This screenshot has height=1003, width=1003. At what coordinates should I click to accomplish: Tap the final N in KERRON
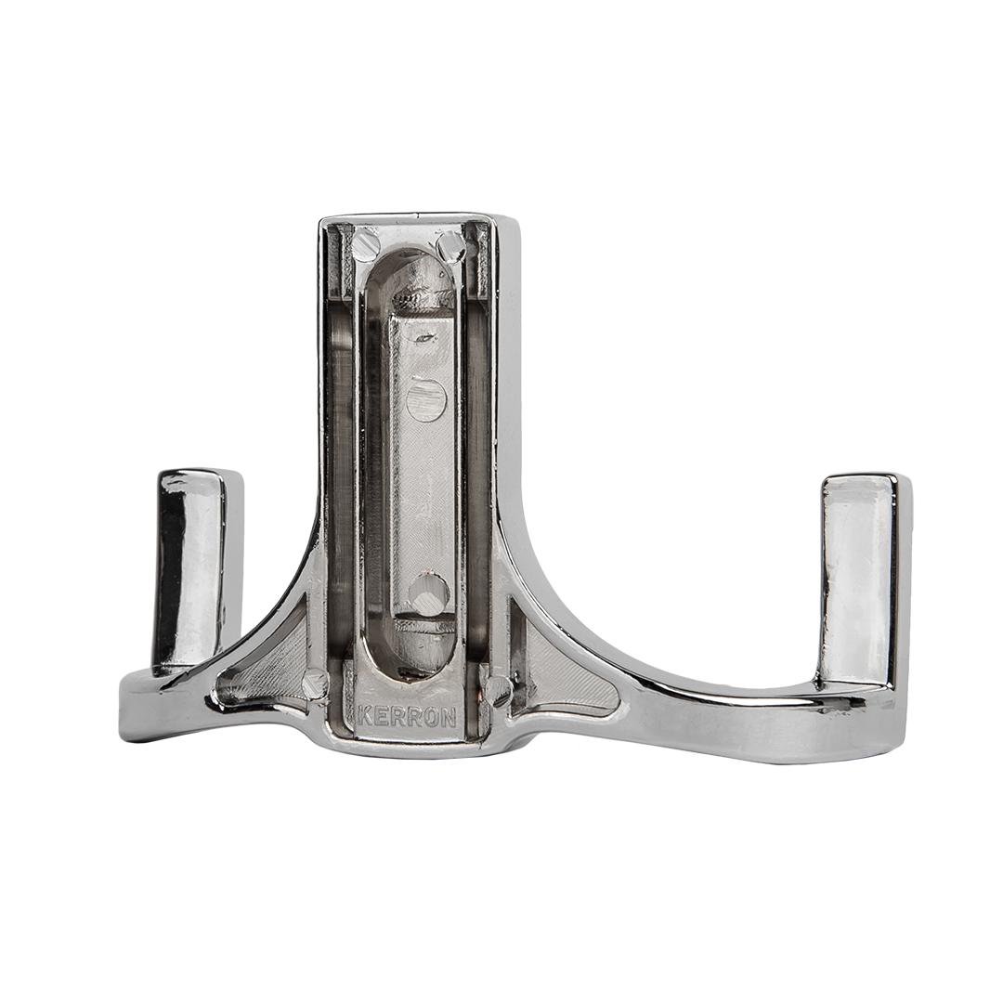pyautogui.click(x=450, y=718)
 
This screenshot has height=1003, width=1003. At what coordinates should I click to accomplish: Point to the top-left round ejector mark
pyautogui.click(x=365, y=244)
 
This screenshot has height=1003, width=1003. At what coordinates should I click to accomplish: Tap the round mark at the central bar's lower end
pyautogui.click(x=427, y=593)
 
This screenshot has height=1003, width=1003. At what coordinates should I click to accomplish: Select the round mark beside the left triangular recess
pyautogui.click(x=315, y=684)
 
